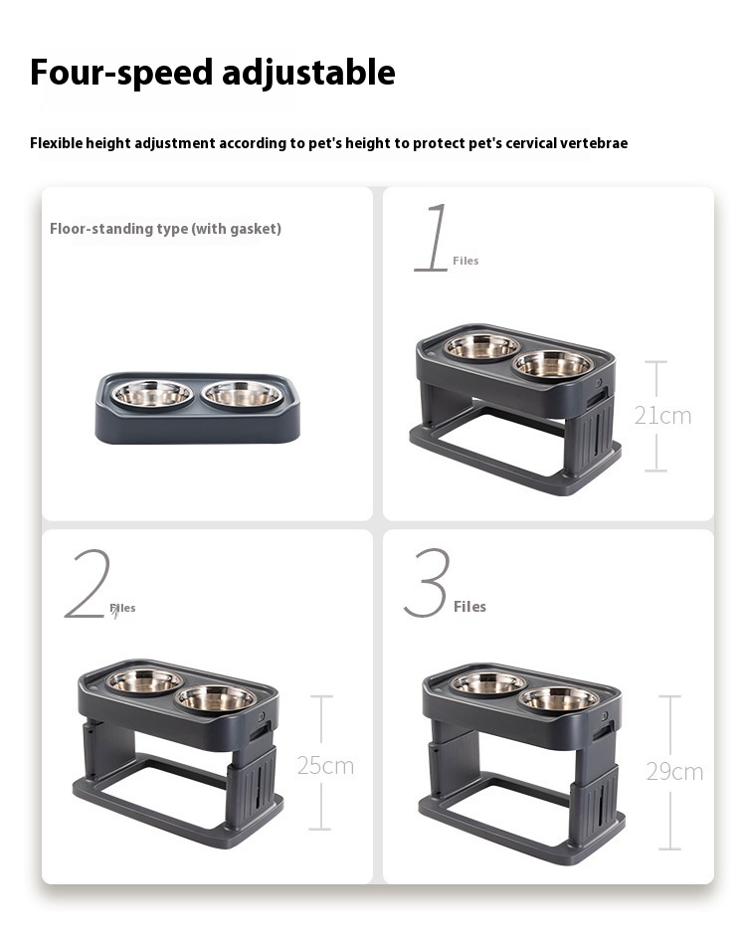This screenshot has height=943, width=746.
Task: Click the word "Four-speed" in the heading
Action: (121, 73)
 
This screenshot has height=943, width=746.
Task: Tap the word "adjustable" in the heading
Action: (308, 73)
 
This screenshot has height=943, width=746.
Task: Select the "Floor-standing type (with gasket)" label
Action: (165, 229)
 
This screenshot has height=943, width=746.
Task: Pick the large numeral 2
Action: (89, 583)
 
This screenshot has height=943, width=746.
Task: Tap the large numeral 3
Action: (428, 583)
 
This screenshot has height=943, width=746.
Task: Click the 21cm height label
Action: (662, 416)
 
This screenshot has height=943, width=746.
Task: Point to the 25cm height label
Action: (325, 766)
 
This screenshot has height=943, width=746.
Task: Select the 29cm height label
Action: (674, 772)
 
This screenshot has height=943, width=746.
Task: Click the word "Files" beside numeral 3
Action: (469, 606)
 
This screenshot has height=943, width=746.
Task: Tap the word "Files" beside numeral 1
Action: (466, 261)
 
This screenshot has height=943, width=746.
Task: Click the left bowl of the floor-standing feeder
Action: (153, 394)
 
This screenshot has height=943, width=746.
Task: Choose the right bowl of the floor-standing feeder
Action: (242, 394)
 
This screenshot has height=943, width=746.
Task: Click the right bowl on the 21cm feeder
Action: (553, 364)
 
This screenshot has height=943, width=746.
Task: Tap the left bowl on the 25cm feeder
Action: (144, 681)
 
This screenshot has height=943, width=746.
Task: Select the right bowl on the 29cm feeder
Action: (559, 699)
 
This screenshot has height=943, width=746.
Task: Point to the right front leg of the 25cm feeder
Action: (252, 782)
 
